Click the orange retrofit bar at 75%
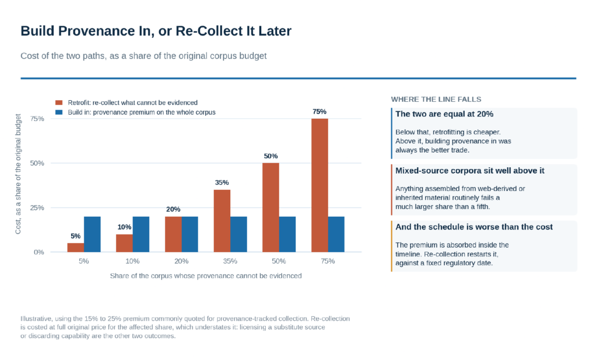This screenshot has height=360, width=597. click(x=319, y=185)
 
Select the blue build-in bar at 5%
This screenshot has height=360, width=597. click(x=92, y=234)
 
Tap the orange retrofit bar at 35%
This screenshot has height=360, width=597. click(x=222, y=221)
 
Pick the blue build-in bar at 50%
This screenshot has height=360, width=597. click(x=287, y=234)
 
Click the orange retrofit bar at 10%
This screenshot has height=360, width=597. click(x=125, y=243)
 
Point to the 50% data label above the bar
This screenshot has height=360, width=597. click(x=271, y=156)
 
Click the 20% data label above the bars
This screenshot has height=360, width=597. click(x=173, y=209)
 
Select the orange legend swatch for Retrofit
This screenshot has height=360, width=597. click(x=59, y=103)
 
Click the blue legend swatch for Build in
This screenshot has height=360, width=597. click(x=59, y=112)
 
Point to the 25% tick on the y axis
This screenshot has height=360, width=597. click(x=37, y=208)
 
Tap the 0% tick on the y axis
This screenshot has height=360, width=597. click(x=39, y=252)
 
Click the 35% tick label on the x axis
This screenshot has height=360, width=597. click(x=230, y=261)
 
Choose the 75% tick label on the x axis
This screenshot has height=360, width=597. click(x=328, y=261)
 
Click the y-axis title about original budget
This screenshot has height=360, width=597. click(x=18, y=174)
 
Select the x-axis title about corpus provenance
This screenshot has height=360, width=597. click(x=206, y=276)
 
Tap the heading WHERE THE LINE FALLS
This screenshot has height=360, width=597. click(x=436, y=100)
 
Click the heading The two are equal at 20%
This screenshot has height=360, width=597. click(x=444, y=114)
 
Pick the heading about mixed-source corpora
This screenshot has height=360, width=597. click(x=470, y=171)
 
